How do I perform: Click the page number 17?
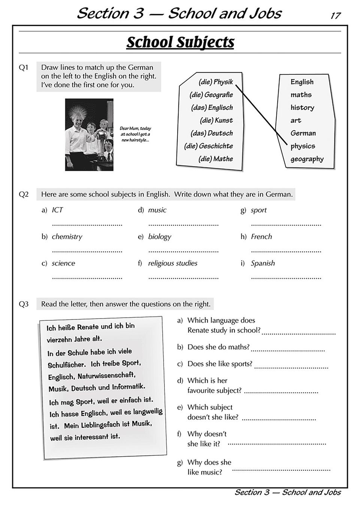click(x=335, y=16)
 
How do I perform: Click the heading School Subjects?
click(x=180, y=42)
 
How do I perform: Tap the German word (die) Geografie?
click(x=211, y=95)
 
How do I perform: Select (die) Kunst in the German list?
click(x=216, y=120)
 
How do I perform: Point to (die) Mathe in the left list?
click(x=215, y=159)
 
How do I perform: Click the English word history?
click(x=302, y=107)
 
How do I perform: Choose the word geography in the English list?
click(x=307, y=159)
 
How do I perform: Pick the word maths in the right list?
click(x=301, y=95)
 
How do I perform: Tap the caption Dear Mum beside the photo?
click(x=135, y=134)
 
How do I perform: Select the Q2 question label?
click(x=24, y=194)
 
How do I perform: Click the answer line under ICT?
click(x=87, y=225)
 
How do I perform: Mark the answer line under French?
click(x=286, y=251)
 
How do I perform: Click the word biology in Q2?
click(x=160, y=237)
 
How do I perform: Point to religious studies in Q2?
click(x=173, y=263)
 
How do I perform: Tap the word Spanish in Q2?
click(x=263, y=263)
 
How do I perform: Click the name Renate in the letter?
click(x=89, y=327)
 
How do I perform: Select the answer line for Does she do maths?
click(x=287, y=350)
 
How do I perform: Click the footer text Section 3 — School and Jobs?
click(x=287, y=492)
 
